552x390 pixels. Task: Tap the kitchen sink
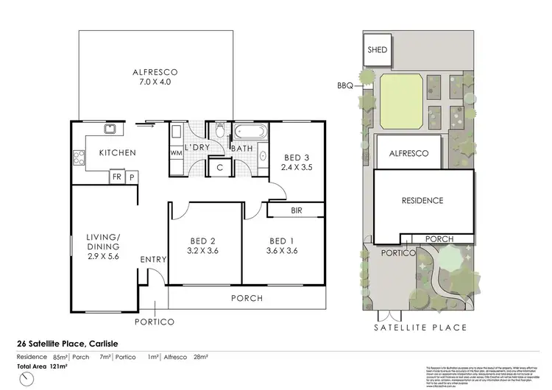coord(109,131)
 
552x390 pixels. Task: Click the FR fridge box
coord(116,177)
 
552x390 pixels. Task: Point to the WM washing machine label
coord(176,153)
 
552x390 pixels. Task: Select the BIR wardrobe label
coord(297,210)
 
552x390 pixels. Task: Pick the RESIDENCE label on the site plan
coord(422,200)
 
